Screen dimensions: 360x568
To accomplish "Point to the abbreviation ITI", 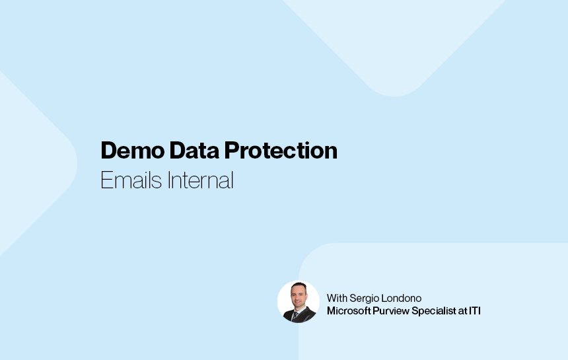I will tap(474, 310).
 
